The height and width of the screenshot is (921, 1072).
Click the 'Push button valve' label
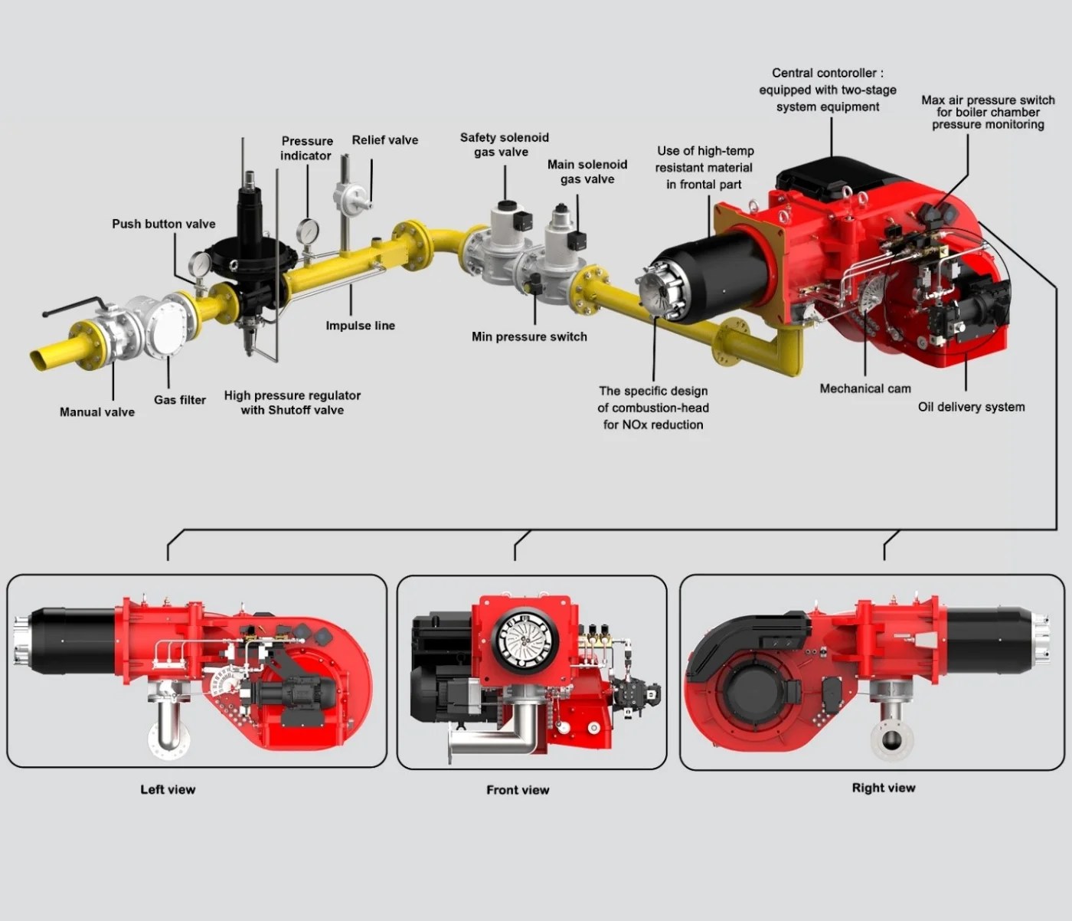163,224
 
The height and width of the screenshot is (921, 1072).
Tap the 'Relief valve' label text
384,140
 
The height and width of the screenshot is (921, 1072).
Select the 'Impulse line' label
360,326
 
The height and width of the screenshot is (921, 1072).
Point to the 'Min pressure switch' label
529,336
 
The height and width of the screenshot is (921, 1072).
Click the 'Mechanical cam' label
865,388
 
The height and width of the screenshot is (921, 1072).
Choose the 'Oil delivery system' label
971,407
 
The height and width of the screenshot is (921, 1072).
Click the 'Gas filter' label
179,400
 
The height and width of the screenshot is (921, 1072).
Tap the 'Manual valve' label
97,412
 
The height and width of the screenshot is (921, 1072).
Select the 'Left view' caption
168,789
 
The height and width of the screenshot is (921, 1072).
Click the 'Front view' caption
518,790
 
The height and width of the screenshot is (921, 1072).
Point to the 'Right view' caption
883,788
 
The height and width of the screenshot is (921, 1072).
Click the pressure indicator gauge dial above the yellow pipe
309,230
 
